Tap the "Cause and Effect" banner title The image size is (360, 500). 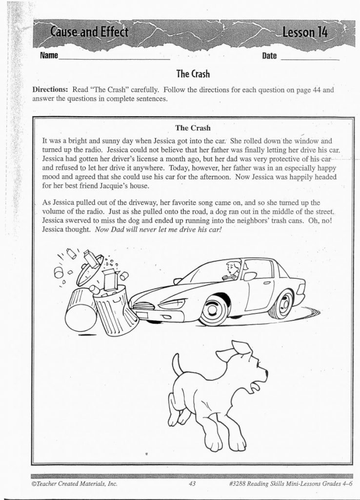(x=89, y=32)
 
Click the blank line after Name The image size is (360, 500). (x=114, y=57)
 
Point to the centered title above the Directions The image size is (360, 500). (x=193, y=74)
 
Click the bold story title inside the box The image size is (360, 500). (x=193, y=128)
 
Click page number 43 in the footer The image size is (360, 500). (x=192, y=484)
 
